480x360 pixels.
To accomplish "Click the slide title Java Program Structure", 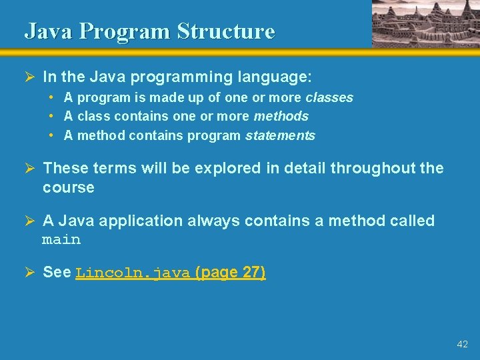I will click(x=149, y=31).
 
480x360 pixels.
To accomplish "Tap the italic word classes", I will click(x=329, y=98).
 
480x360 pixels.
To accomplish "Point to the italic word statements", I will click(x=280, y=136).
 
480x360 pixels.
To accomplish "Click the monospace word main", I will click(x=61, y=240).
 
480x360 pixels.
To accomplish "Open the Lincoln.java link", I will click(x=133, y=273).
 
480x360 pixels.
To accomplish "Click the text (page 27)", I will click(x=231, y=272).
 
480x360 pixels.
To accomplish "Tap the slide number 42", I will click(x=463, y=344).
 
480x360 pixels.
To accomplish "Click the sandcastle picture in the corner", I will click(x=425, y=23).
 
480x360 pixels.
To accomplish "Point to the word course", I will click(x=69, y=187).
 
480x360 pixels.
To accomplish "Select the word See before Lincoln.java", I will click(x=57, y=272).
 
